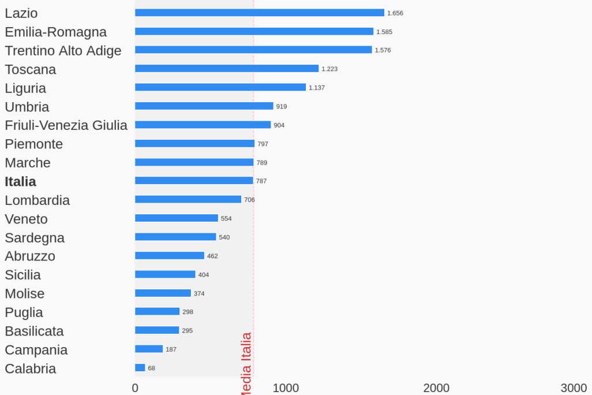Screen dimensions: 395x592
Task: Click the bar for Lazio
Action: coord(260,13)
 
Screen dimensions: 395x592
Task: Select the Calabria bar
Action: coord(140,368)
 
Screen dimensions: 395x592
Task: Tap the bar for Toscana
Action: coord(227,69)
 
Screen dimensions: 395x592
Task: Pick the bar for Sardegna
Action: coord(175,237)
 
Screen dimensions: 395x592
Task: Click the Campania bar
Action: coord(149,349)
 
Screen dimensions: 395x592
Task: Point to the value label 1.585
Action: coord(384,32)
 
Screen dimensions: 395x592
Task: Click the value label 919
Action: coord(282,106)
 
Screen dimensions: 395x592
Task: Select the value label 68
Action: coord(152,368)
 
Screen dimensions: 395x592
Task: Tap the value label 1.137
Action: coord(317,88)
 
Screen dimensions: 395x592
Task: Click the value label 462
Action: coord(212,256)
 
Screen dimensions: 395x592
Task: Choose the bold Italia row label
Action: coord(20,181)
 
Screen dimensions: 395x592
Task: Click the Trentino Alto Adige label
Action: coord(63,51)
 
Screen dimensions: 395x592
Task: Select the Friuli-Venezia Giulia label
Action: coord(66,125)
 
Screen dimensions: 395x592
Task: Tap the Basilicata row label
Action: coord(34,331)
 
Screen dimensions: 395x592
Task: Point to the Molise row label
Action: coord(24,293)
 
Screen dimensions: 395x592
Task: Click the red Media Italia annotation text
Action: coord(246,363)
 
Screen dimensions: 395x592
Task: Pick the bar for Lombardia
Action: coord(188,199)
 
